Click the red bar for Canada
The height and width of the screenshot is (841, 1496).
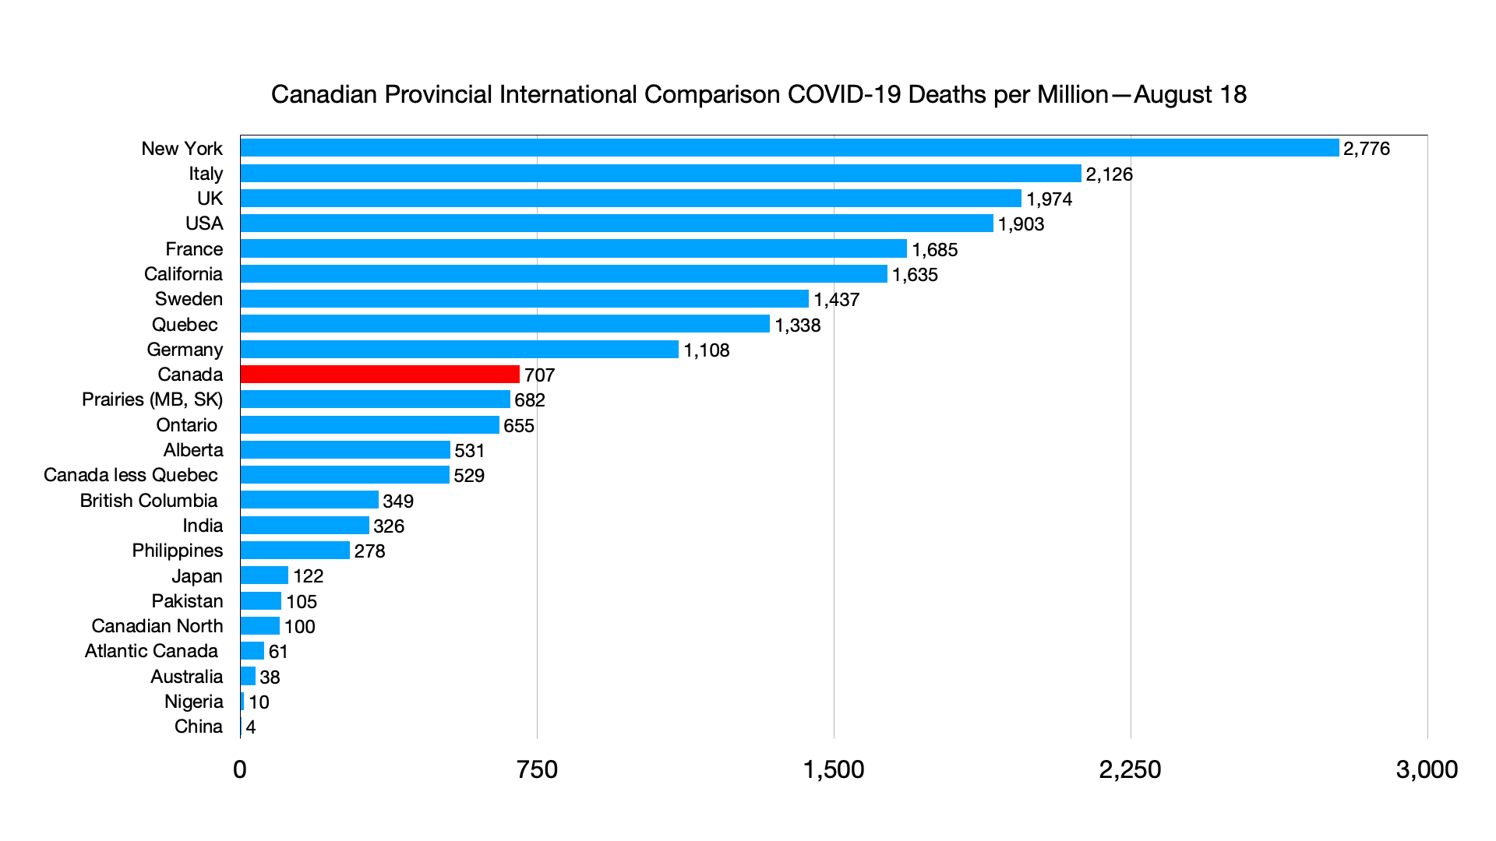379,375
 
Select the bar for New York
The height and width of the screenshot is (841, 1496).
789,148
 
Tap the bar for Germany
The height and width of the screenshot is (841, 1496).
459,350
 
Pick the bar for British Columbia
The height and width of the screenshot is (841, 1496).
309,500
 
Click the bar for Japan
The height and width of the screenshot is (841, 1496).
264,575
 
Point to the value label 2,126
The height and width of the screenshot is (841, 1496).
1109,174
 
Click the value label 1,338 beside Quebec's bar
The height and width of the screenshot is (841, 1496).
797,325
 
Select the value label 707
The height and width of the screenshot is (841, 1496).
539,375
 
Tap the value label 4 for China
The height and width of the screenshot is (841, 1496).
251,727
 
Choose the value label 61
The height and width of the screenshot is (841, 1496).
278,652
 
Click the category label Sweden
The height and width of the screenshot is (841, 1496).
189,299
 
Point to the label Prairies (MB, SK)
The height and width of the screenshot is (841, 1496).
152,399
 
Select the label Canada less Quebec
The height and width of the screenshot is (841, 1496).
130,475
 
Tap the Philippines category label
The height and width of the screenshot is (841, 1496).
177,551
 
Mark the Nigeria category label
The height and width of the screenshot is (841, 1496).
193,702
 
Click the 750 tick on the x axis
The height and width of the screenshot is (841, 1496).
537,769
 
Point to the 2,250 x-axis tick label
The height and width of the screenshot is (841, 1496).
1130,769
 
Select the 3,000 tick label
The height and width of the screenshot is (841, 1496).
1427,769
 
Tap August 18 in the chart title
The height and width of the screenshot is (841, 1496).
1190,95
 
